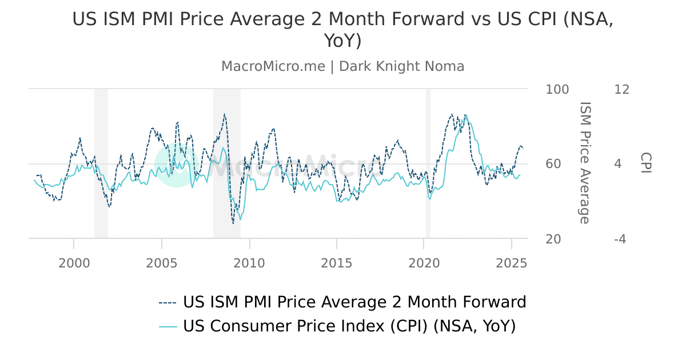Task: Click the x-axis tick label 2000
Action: pyautogui.click(x=74, y=263)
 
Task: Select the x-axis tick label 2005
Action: pyautogui.click(x=162, y=263)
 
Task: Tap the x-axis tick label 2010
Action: pyautogui.click(x=249, y=263)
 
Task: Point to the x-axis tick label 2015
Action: pyautogui.click(x=337, y=263)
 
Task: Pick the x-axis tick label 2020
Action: pyautogui.click(x=424, y=263)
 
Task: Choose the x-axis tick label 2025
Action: pyautogui.click(x=512, y=263)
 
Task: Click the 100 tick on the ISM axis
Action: pyautogui.click(x=557, y=90)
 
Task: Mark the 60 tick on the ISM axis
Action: pyautogui.click(x=554, y=164)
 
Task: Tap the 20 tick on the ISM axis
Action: pyautogui.click(x=554, y=239)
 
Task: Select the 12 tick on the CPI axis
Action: pyautogui.click(x=621, y=90)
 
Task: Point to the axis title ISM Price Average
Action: pyautogui.click(x=584, y=163)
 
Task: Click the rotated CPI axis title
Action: pyautogui.click(x=645, y=163)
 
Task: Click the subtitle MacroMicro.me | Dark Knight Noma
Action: pyautogui.click(x=343, y=66)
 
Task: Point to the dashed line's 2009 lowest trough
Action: pyautogui.click(x=233, y=223)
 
